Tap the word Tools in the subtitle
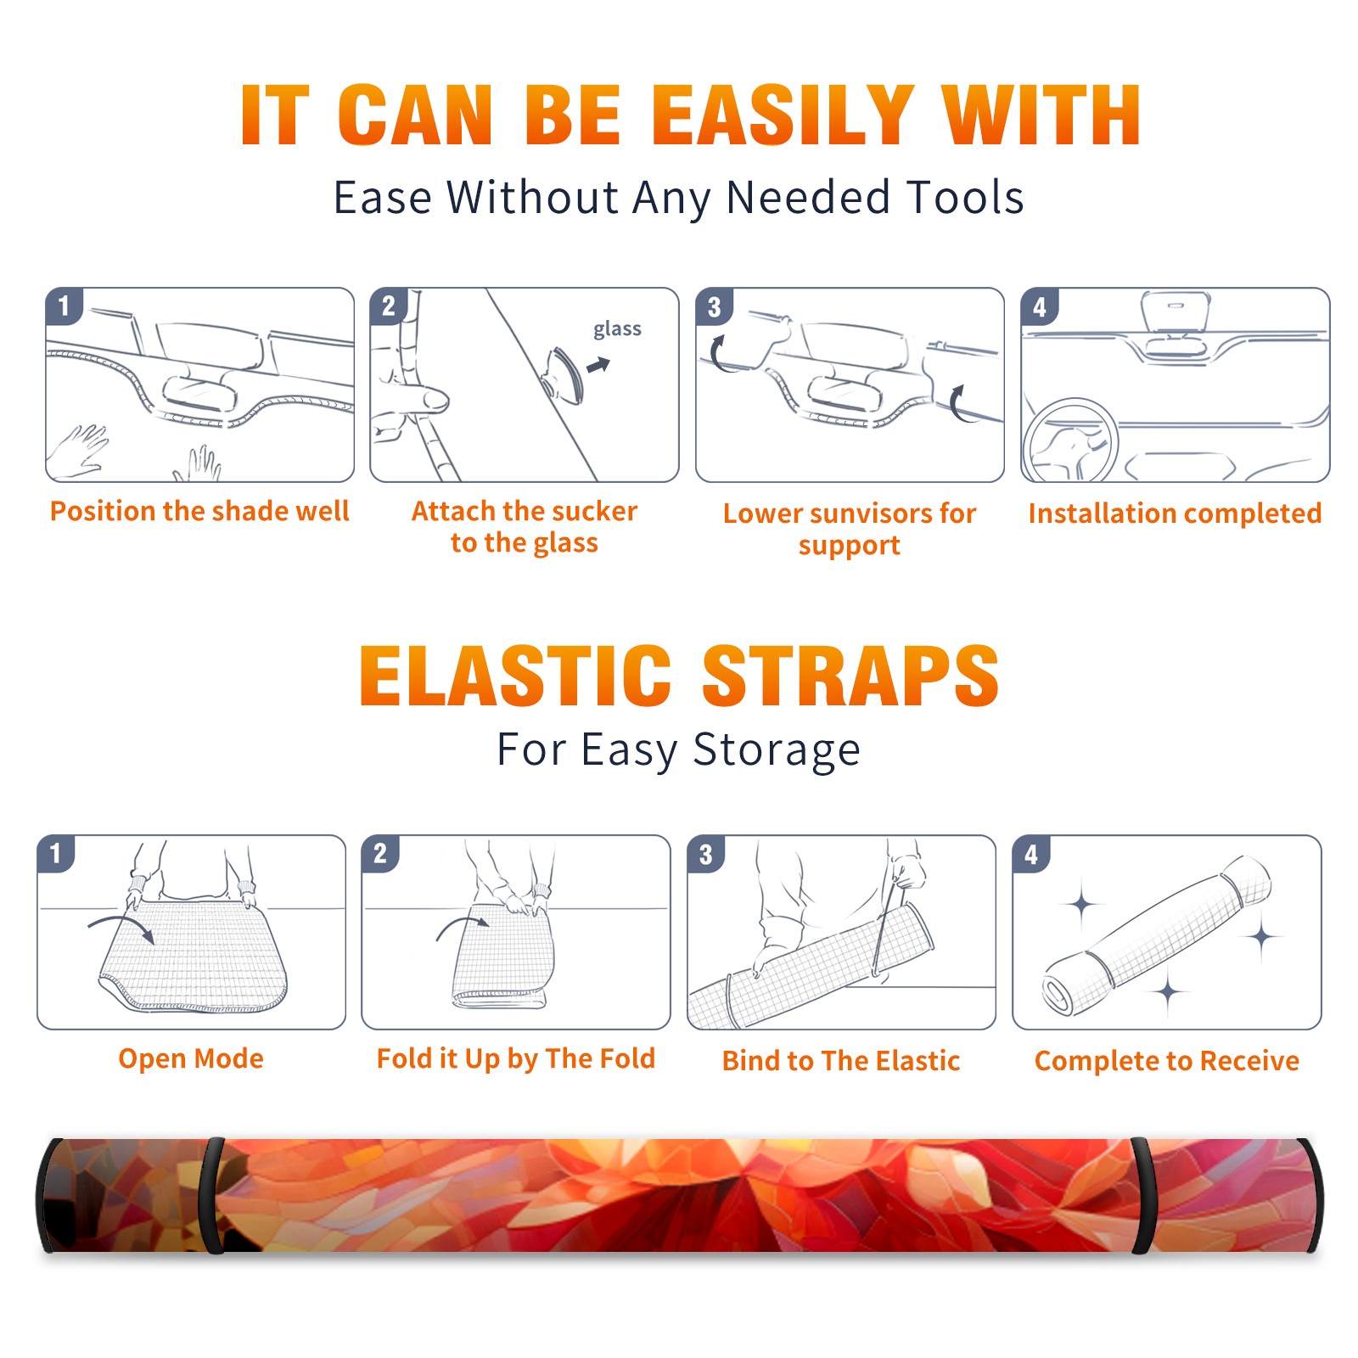coord(965,197)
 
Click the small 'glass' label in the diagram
coord(617,329)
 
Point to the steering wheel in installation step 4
coord(1069,440)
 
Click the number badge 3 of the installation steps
coord(714,306)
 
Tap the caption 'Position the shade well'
coord(199,511)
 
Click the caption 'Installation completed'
coord(1175,513)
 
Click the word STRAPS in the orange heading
coord(850,676)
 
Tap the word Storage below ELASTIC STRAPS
coord(777,750)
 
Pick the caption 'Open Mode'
coord(191,1058)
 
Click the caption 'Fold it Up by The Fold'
coord(516,1059)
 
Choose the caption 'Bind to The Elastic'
coord(841,1061)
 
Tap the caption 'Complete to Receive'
coord(1167,1061)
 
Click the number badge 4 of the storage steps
coord(1031,854)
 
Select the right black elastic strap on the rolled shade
coord(1142,1196)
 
